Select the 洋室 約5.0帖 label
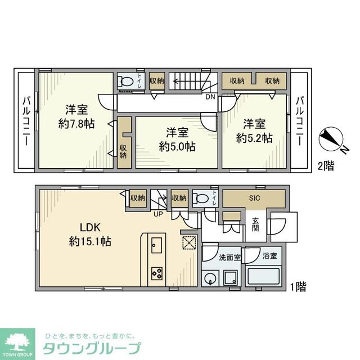pyautogui.click(x=177, y=139)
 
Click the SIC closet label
pyautogui.click(x=255, y=197)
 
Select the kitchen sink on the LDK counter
pyautogui.click(x=157, y=246)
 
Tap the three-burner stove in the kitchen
pyautogui.click(x=157, y=274)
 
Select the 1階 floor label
pyautogui.click(x=298, y=287)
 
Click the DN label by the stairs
pyautogui.click(x=209, y=97)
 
